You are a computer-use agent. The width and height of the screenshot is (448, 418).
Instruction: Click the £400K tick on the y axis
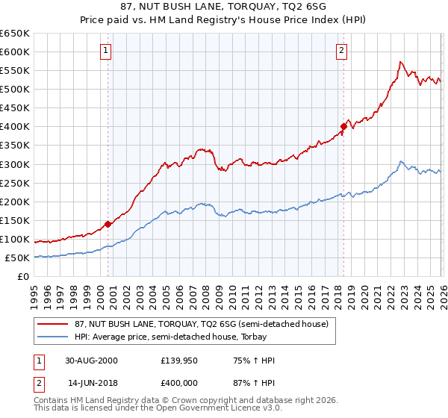[x=15, y=127]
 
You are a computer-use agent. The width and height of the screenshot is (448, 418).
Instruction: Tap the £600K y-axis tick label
[x=15, y=52]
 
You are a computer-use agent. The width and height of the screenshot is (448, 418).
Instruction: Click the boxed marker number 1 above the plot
[x=107, y=51]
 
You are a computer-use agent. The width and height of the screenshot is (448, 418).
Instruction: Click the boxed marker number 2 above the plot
[x=341, y=51]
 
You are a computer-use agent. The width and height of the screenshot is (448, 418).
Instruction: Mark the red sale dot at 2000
[x=108, y=223]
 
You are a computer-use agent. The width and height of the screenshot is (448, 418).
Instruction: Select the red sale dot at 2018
[x=343, y=126]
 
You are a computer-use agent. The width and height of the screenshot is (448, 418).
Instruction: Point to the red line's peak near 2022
[x=401, y=62]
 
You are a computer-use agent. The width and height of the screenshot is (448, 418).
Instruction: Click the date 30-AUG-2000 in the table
[x=91, y=361]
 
